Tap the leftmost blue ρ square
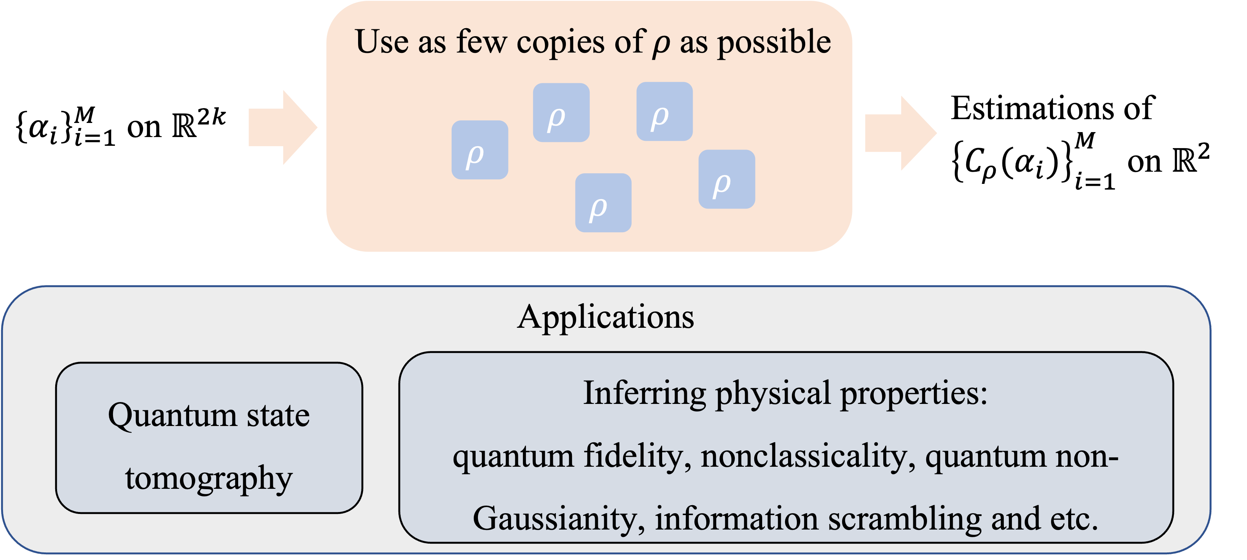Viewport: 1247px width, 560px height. (x=479, y=150)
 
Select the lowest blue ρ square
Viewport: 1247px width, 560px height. (x=603, y=203)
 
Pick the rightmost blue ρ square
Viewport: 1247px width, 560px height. (x=726, y=179)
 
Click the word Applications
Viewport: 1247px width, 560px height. (x=605, y=317)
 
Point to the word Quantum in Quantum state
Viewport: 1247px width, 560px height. (x=172, y=416)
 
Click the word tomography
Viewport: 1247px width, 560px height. (x=209, y=479)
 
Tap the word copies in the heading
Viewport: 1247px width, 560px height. (x=560, y=43)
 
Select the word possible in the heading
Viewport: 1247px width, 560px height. (x=774, y=43)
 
